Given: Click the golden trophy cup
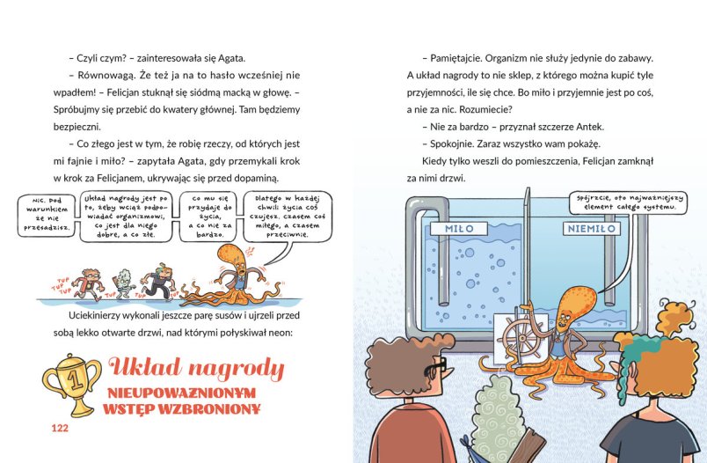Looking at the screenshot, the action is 72,384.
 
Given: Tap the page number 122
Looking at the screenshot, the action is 60,428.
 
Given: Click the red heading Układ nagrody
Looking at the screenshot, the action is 197,370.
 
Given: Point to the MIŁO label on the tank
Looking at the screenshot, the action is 459,228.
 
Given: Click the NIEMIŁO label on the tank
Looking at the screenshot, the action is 592,228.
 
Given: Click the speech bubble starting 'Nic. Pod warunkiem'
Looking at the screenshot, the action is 47,216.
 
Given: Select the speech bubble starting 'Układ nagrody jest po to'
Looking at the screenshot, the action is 126,217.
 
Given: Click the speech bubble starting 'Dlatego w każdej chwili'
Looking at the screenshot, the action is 288,217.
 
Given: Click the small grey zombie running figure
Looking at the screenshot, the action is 121,283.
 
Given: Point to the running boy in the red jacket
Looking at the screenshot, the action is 90,284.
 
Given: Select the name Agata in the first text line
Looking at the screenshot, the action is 231,58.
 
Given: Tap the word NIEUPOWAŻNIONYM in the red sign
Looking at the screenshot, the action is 182,393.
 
